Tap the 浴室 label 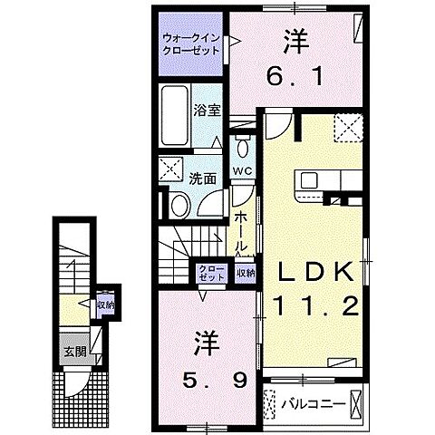click(207, 111)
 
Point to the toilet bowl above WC click(242, 147)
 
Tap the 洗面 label click(202, 179)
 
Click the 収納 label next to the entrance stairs click(105, 304)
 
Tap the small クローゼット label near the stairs click(208, 273)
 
